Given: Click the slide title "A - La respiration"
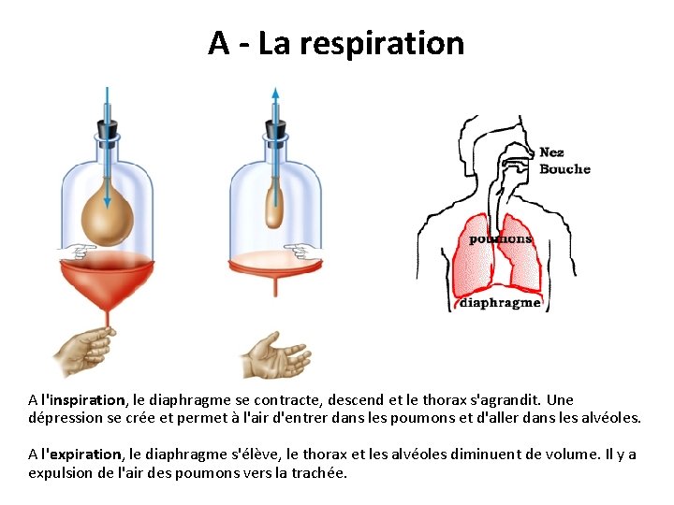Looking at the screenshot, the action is coord(336,43).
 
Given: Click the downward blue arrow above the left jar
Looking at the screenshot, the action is coord(106,103).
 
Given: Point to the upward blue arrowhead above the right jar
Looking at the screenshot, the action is coord(275,94).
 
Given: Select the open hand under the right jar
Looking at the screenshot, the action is coord(270,353).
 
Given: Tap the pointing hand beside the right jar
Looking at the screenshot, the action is coord(302,251).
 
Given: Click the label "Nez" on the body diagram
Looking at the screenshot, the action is coord(551,152).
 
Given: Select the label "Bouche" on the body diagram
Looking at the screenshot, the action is coord(564,169).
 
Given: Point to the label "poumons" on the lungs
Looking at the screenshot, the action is coord(500,238).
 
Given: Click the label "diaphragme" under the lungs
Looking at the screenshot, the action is coord(500,303).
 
